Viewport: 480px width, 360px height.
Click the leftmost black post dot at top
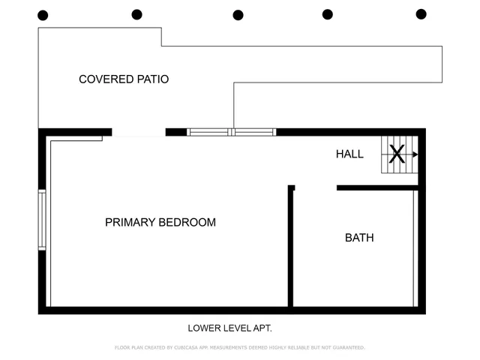tap(43, 15)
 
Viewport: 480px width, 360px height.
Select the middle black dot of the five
tap(238, 15)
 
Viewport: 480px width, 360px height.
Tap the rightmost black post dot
tap(421, 14)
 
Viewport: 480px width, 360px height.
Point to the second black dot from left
tap(136, 14)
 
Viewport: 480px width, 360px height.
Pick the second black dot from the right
tap(328, 14)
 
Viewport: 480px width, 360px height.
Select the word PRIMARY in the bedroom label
tap(130, 223)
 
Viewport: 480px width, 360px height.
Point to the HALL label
tap(349, 154)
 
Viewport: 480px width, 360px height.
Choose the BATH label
tap(359, 238)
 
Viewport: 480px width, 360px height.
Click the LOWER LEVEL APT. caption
tap(229, 328)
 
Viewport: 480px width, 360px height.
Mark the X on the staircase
tap(397, 154)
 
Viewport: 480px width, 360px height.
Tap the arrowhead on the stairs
tap(415, 154)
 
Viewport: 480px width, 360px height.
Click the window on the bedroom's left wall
tap(42, 220)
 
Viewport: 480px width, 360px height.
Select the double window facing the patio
tap(232, 132)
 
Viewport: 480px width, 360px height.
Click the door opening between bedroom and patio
tap(139, 133)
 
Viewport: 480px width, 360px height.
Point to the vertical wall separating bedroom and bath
tap(290, 247)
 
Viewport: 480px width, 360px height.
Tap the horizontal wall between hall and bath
tap(376, 187)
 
